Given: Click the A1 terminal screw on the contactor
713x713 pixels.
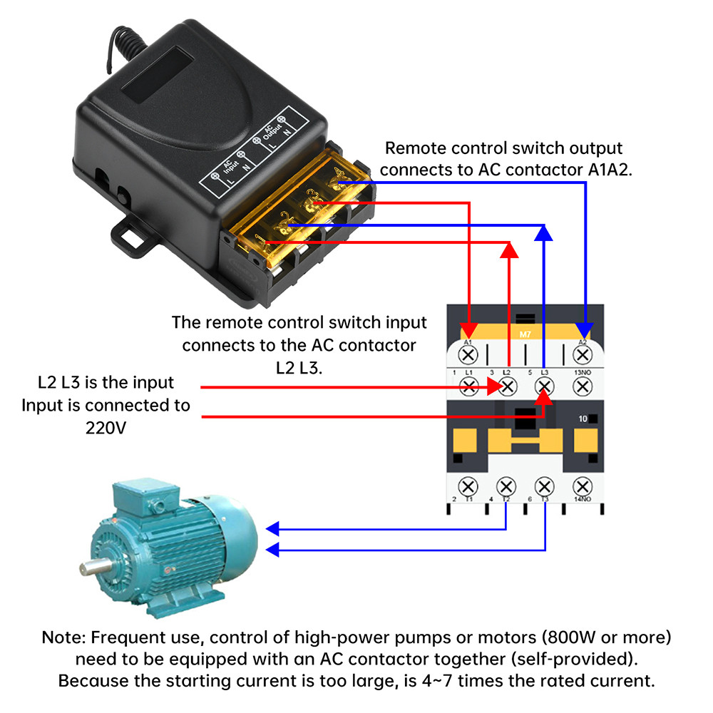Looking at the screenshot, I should (x=469, y=354).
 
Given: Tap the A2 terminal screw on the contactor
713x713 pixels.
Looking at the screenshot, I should (x=583, y=354).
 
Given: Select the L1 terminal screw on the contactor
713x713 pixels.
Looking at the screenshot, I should (x=469, y=387).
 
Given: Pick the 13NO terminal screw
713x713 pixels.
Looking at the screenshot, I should (x=583, y=387).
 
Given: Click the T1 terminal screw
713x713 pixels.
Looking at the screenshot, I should (x=469, y=487).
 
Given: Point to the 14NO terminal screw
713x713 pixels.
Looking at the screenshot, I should (x=583, y=487).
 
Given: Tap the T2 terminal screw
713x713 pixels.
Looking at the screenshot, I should (x=507, y=487).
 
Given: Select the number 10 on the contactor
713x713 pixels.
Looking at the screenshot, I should (x=583, y=419).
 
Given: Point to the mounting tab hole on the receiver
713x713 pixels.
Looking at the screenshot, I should (x=133, y=238).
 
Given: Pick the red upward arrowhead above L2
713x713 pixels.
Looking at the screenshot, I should (x=508, y=250).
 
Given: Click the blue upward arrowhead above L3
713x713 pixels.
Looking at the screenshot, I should (x=544, y=232).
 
